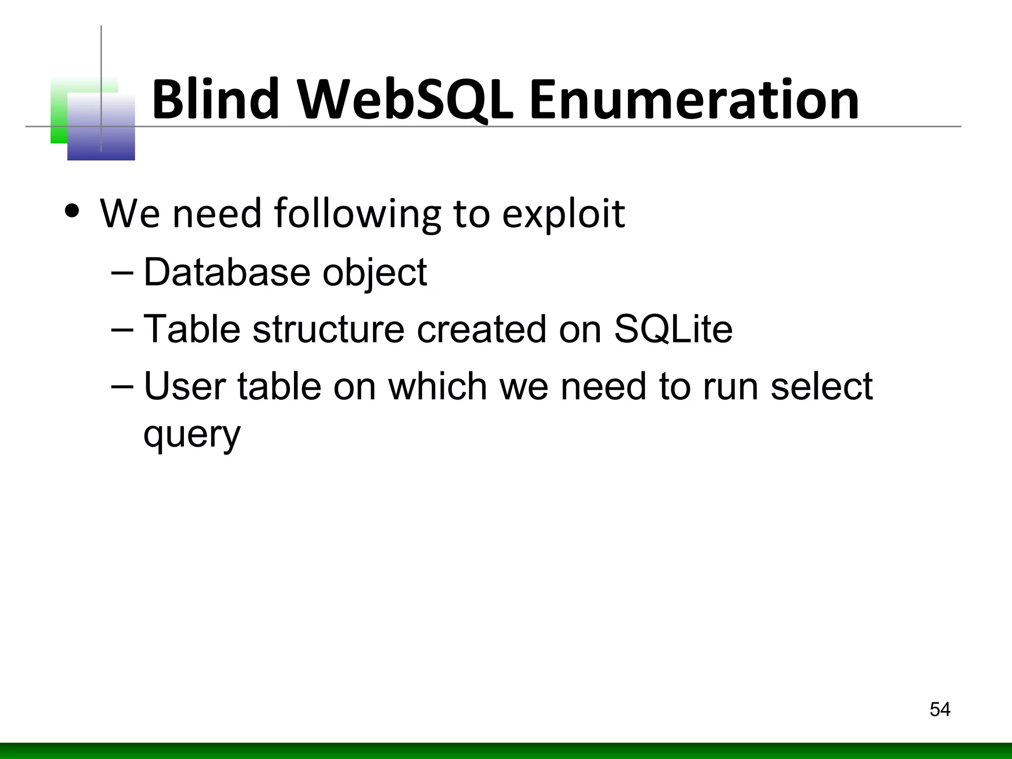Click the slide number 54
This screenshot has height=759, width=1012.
point(940,709)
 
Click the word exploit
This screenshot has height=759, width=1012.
point(563,213)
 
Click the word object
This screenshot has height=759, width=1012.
point(375,273)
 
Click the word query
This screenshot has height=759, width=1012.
point(192,435)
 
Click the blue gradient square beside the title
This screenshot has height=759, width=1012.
point(101,127)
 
